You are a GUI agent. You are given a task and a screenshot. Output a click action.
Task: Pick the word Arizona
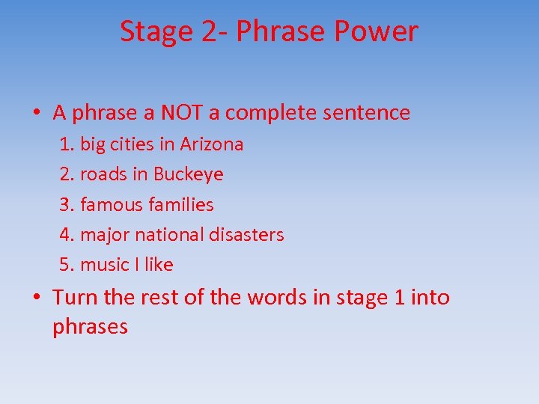coord(212,144)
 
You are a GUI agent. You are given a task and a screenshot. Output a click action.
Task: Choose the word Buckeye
coord(188,175)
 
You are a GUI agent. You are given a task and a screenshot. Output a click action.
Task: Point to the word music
coord(105,265)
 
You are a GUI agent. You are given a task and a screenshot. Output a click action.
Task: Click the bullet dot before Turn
coord(36,298)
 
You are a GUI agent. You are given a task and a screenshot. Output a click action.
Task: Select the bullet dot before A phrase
coord(36,114)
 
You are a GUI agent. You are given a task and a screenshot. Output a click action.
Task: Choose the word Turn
coord(76,297)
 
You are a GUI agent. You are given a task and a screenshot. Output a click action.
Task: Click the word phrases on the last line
coord(91,328)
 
